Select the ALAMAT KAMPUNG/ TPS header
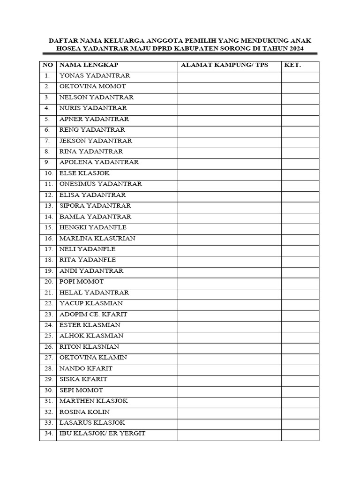pyautogui.click(x=225, y=65)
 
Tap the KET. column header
pyautogui.click(x=292, y=65)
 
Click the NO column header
pyautogui.click(x=48, y=65)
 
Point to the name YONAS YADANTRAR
pyautogui.click(x=95, y=75)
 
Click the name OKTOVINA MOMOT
pyautogui.click(x=92, y=86)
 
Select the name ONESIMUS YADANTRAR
pyautogui.click(x=100, y=184)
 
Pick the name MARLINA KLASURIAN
pyautogui.click(x=97, y=238)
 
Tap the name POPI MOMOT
pyautogui.click(x=82, y=282)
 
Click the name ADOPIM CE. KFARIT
pyautogui.click(x=93, y=314)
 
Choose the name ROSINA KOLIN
pyautogui.click(x=84, y=412)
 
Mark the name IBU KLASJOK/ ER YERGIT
pyautogui.click(x=102, y=434)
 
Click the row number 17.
pyautogui.click(x=48, y=249)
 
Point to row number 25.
pyautogui.click(x=48, y=336)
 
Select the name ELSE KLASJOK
pyautogui.click(x=84, y=173)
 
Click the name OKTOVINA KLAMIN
pyautogui.click(x=93, y=358)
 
